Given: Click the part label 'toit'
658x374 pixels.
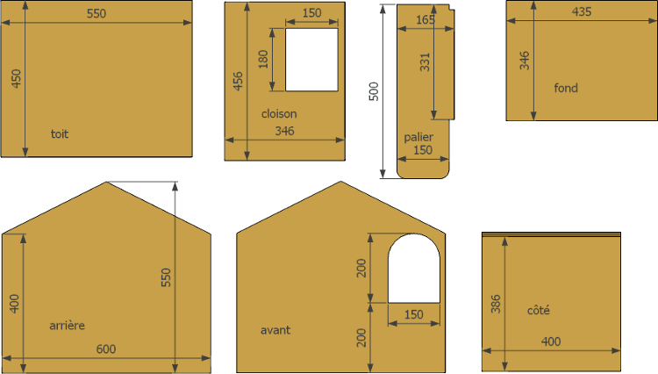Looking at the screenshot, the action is tap(60, 134).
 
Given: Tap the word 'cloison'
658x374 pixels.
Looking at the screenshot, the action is tap(279, 114).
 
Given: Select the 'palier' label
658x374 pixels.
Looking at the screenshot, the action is tap(418, 137).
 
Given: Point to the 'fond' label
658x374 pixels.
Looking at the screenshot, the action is tap(566, 88).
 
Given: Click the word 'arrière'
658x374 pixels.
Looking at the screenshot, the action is tap(68, 326).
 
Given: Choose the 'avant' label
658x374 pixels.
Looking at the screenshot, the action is tap(275, 330).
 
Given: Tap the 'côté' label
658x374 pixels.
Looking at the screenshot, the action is tap(539, 310).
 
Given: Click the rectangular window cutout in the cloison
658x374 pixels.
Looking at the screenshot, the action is tap(311, 60).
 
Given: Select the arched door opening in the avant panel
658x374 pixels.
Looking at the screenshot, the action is tap(414, 269).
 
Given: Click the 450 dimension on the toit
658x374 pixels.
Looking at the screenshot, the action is tap(16, 78).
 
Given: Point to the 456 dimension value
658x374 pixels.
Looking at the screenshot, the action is tap(238, 81).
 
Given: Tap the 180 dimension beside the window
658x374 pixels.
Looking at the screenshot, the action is tap(263, 59).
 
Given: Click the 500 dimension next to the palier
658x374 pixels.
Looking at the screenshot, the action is tap(374, 91).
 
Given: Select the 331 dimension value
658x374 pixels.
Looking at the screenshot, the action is tap(426, 62).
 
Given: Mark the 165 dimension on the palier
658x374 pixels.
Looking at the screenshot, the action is tap(426, 19).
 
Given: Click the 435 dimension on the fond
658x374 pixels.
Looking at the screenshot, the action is tap(582, 11).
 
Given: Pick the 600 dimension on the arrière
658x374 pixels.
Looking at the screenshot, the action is tap(106, 349).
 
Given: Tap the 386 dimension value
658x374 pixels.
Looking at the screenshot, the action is tap(496, 304).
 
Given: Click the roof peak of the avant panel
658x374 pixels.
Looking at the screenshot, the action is tap(340, 182).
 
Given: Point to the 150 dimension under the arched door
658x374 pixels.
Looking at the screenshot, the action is tap(414, 314).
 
